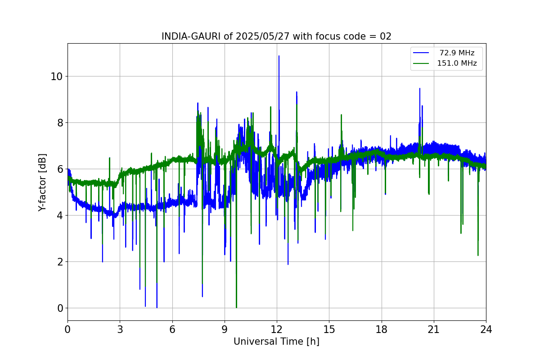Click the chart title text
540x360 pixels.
coord(276,36)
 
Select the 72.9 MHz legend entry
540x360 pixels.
coord(457,53)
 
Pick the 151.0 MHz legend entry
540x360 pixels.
coord(457,63)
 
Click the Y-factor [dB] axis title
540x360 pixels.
coord(42,183)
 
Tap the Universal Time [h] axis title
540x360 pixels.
coord(276,342)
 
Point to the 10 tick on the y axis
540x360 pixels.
coord(56,76)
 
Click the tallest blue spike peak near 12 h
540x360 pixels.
coord(279,56)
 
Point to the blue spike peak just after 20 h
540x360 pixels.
coord(420,89)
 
